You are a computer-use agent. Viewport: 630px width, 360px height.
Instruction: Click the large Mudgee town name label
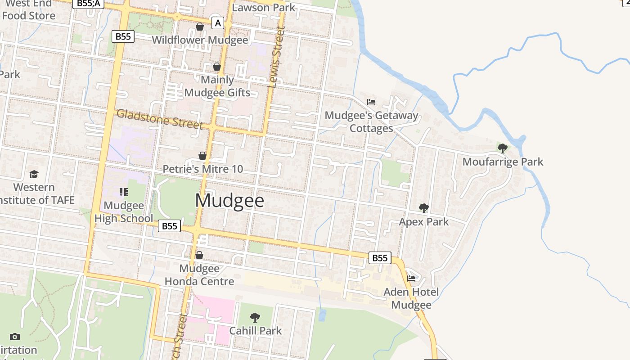(x=229, y=201)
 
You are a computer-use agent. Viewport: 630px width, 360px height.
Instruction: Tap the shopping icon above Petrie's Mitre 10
(x=202, y=156)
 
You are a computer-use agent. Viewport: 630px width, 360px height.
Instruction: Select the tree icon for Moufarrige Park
(x=503, y=148)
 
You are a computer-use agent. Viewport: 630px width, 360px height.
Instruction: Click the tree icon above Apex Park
(x=423, y=208)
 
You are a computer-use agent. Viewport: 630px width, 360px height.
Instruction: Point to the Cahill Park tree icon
(x=255, y=317)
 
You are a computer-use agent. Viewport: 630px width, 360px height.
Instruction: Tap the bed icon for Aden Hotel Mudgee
(x=411, y=278)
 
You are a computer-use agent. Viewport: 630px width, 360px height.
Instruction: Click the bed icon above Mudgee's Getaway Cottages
(x=371, y=102)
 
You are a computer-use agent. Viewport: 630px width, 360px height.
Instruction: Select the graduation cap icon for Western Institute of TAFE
(x=34, y=174)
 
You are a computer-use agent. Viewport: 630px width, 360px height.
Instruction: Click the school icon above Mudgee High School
(x=124, y=192)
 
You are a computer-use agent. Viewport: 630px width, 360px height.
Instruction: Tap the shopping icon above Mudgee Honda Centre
(x=199, y=255)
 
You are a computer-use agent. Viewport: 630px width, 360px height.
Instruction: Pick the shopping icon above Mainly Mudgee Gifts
(x=217, y=67)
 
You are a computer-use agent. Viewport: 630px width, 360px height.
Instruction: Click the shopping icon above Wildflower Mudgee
(x=200, y=27)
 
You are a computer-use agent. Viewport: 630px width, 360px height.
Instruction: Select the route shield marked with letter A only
(x=218, y=22)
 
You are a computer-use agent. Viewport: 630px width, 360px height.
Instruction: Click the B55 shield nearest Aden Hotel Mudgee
(x=380, y=258)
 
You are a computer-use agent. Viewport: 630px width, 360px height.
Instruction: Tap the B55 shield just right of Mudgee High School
(x=169, y=226)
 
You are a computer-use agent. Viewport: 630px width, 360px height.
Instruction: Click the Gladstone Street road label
(x=159, y=119)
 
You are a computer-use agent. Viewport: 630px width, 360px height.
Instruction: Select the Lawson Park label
(x=263, y=7)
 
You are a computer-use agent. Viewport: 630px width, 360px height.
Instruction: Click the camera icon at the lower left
(x=15, y=337)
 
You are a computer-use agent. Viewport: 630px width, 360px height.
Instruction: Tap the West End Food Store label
(x=29, y=10)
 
